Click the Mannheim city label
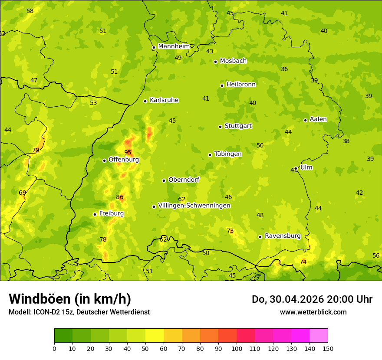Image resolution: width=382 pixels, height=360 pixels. point(174,46)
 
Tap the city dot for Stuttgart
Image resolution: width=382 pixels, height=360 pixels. point(220,127)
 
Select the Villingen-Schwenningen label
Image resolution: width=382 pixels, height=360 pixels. point(194,206)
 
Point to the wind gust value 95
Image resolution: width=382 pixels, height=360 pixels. point(128,152)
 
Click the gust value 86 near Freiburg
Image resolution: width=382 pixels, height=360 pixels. point(120,197)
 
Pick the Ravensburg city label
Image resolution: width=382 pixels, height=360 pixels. point(283,236)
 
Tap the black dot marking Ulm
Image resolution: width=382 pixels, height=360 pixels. point(296,168)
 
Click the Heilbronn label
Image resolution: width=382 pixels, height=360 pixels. point(241,85)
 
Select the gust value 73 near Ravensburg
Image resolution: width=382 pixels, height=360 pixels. point(230,231)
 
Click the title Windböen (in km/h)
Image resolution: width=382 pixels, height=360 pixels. point(70,299)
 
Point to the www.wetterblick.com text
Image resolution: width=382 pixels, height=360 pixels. point(313,312)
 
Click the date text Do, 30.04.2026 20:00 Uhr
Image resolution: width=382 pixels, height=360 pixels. point(312,299)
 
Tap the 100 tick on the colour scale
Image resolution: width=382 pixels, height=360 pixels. point(237,348)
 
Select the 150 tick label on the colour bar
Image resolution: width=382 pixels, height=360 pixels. point(328,348)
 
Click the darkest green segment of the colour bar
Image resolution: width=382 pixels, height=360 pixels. point(63,336)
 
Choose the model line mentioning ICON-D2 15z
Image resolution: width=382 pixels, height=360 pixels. point(79,312)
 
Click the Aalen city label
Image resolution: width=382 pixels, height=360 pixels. point(318,119)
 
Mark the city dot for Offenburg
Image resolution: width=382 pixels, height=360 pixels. point(104,160)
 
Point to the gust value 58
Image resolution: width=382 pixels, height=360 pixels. point(30,11)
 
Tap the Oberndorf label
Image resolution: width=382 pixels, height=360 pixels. point(184,180)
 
